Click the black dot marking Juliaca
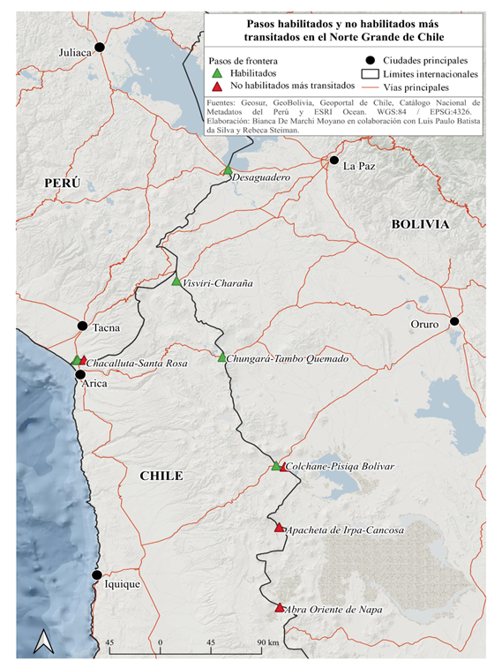coord(100,47)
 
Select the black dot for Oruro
coord(454,321)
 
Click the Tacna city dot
coord(82,326)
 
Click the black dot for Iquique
coord(97,575)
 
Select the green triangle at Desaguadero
coord(228,170)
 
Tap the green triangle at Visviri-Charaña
coord(176,282)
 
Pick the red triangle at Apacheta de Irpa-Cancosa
coord(279,529)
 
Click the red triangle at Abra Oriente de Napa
coord(280,608)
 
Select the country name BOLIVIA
coord(420,225)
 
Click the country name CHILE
coord(161,477)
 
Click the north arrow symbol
coord(43,642)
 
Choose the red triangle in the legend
coord(217,86)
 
